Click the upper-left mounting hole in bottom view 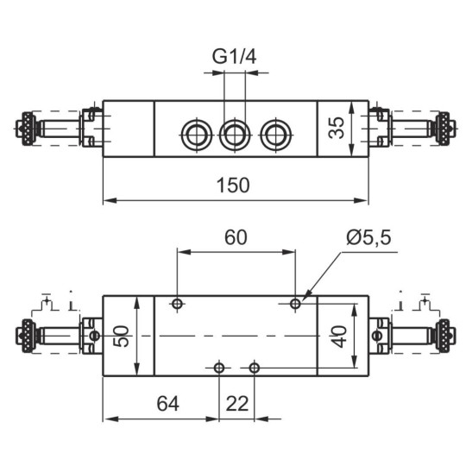[x=177, y=304]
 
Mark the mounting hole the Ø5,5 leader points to [x=295, y=304]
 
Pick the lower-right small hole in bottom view [x=254, y=368]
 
